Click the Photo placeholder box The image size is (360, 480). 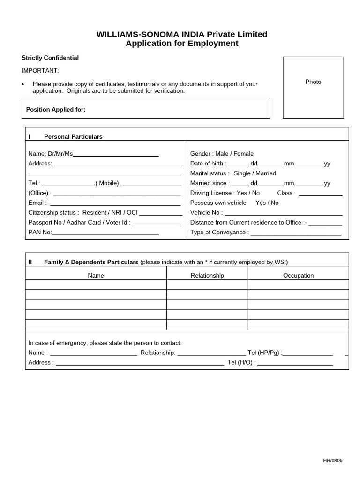coord(313,87)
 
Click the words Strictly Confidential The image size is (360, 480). coord(50,58)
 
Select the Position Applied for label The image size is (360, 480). coord(56,109)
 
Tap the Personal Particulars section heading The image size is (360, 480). coord(73,136)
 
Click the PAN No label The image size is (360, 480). coord(40,232)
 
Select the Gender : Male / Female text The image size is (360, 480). coord(222,153)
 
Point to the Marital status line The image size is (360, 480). coord(233,173)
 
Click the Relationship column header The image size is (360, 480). coord(207,275)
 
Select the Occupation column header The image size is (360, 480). coord(298,275)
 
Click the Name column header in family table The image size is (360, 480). coord(96,275)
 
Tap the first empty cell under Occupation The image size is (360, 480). coord(298,285)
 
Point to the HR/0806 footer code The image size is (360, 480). coord(333,460)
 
